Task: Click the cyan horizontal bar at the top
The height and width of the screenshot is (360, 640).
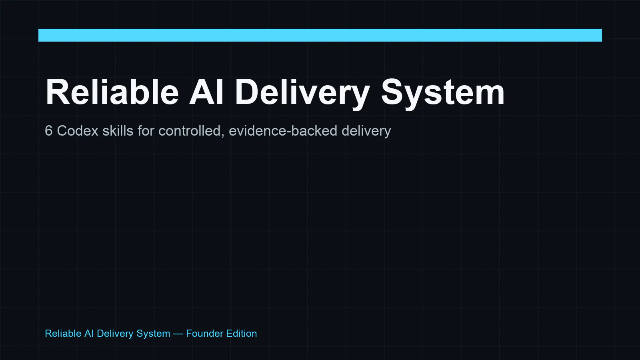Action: point(320,35)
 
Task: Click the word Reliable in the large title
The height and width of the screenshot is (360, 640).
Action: point(112,92)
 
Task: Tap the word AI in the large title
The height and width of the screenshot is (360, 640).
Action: point(206,92)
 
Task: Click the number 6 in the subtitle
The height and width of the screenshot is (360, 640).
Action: point(48,131)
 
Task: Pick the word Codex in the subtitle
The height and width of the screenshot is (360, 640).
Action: point(78,131)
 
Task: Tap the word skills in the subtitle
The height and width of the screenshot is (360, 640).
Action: point(118,131)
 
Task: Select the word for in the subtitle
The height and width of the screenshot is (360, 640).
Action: point(146,131)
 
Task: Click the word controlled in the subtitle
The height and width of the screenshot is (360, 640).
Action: point(190,131)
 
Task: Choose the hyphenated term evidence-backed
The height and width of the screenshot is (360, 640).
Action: point(283,131)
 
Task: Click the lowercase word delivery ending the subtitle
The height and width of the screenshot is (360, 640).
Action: point(366,132)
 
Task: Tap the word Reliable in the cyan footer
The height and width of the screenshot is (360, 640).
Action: point(63,334)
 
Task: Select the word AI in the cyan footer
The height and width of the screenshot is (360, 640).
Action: point(89,334)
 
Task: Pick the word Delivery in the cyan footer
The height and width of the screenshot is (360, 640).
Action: point(115,334)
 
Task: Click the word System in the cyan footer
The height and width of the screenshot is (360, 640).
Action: point(153,334)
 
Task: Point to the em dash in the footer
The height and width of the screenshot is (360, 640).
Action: point(178,334)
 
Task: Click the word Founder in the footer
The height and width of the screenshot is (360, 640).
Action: point(204,334)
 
